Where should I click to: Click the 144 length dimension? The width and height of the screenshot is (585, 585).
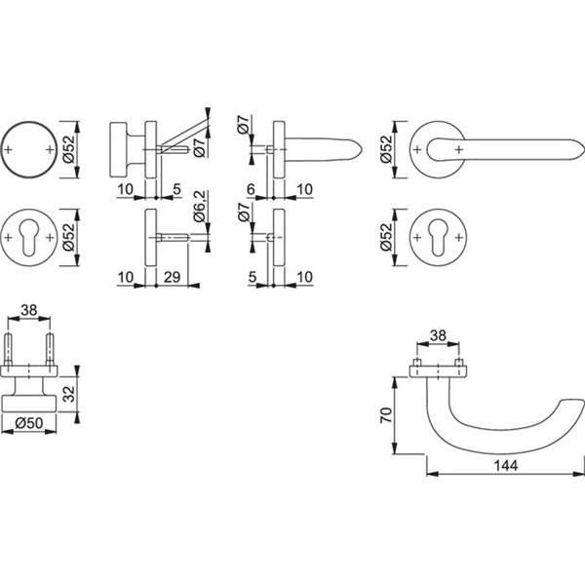[504, 465]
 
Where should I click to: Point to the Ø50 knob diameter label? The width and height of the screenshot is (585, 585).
[29, 423]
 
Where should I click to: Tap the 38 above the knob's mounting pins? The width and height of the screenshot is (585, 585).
[29, 311]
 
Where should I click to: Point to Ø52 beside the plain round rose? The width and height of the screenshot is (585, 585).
[67, 150]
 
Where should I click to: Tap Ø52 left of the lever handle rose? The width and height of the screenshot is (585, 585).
[386, 150]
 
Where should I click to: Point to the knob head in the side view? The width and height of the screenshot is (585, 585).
[120, 150]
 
